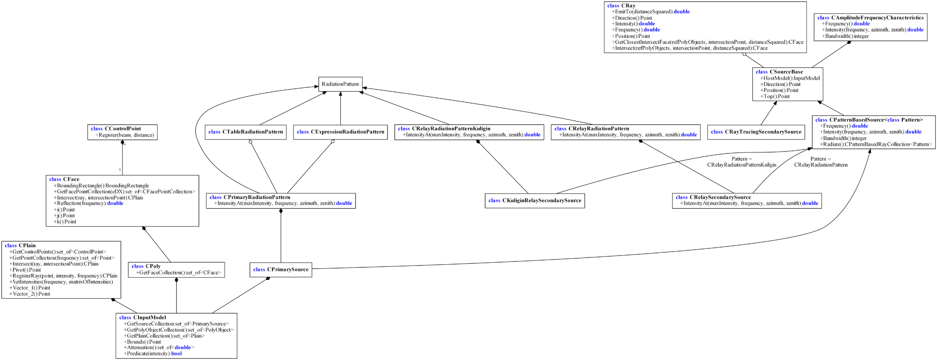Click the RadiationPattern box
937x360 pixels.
point(340,84)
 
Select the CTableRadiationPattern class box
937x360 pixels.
point(246,132)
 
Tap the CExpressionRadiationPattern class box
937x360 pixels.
point(340,132)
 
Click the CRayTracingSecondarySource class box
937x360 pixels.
point(756,132)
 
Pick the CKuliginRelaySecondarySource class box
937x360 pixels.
point(535,201)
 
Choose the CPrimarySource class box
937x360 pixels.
point(281,270)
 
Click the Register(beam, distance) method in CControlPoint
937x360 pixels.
point(125,135)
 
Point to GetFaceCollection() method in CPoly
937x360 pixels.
point(179,273)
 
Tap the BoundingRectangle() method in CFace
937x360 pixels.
point(101,185)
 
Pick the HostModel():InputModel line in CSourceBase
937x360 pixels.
point(790,78)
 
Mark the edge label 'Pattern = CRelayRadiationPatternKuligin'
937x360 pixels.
point(742,162)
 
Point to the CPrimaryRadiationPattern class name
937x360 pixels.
point(250,197)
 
